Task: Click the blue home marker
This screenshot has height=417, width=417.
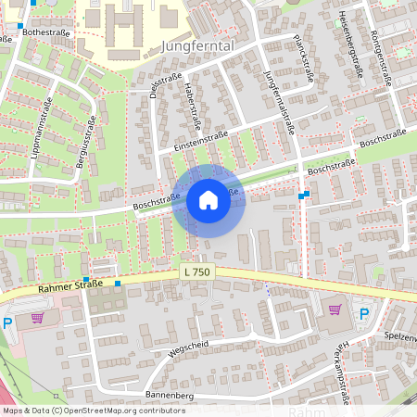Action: [208, 200]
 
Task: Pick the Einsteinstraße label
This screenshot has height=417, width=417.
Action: [193, 142]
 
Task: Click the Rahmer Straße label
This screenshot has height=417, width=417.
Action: [69, 288]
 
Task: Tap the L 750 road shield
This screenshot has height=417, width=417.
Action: [196, 271]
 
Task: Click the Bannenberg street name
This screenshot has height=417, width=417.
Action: [168, 396]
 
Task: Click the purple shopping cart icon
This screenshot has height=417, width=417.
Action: [335, 310]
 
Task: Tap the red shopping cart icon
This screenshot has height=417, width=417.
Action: [36, 317]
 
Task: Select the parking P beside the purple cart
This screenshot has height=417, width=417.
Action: [364, 314]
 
